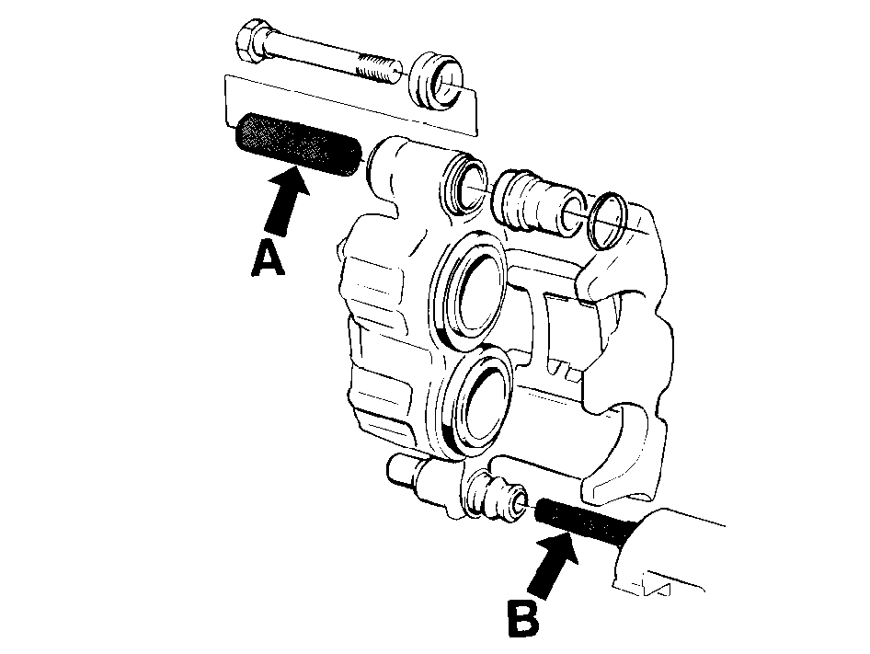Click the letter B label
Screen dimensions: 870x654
(x=523, y=617)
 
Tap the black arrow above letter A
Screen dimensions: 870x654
(x=286, y=201)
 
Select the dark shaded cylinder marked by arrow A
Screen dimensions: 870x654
(x=298, y=145)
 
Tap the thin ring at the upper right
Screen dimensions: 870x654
(x=608, y=221)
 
